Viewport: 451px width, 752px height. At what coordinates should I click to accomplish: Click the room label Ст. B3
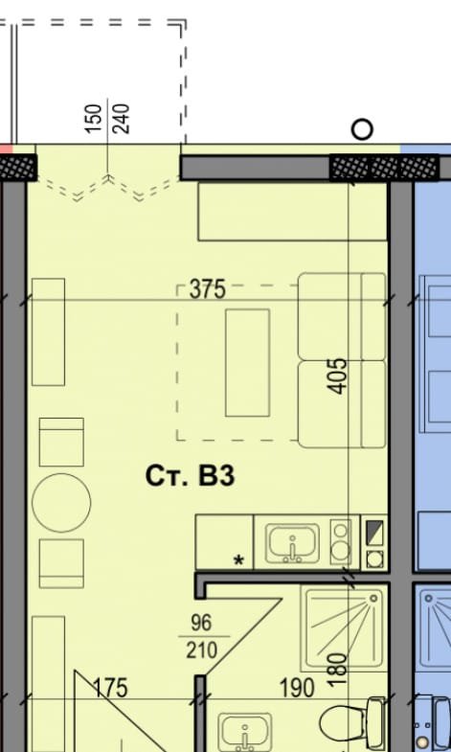tap(190, 476)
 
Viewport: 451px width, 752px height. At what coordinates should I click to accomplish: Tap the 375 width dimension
tap(207, 289)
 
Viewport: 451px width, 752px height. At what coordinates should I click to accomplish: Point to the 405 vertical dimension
tap(338, 376)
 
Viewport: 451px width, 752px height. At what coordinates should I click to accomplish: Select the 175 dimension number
tap(111, 688)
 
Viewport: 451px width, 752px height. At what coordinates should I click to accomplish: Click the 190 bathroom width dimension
tap(297, 688)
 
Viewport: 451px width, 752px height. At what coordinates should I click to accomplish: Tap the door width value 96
tap(201, 623)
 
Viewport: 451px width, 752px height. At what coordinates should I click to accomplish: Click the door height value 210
tap(201, 649)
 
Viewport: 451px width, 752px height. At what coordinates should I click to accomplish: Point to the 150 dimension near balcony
tap(94, 119)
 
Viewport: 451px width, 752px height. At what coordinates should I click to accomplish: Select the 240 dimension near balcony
tap(121, 119)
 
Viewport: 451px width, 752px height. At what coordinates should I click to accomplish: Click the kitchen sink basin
tap(292, 543)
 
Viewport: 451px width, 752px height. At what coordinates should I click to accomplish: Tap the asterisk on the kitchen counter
tap(238, 560)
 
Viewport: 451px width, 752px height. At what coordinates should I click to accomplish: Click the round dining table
tap(61, 503)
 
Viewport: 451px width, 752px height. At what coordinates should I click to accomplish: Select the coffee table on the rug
tap(247, 362)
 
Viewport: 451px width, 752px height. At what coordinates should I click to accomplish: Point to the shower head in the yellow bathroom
tap(372, 599)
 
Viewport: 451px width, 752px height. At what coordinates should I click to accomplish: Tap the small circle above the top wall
tap(362, 129)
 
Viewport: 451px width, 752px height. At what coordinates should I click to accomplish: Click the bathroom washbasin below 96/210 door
tap(244, 733)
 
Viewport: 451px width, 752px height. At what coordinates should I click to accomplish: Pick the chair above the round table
tap(61, 442)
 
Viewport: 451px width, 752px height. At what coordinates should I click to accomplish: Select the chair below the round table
tap(61, 563)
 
